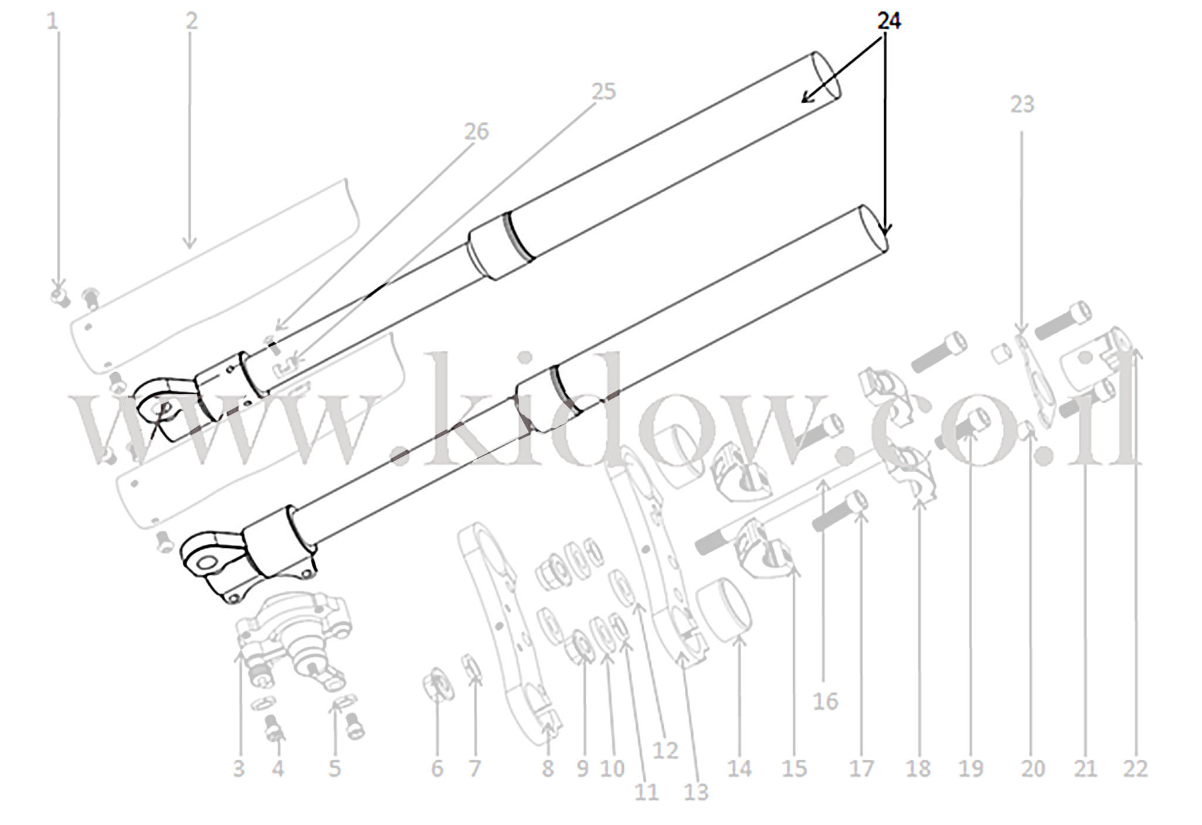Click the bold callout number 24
(x=889, y=21)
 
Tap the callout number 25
(x=603, y=91)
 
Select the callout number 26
(x=476, y=132)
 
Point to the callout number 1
(x=53, y=21)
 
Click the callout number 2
(x=192, y=21)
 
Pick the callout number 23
(x=1022, y=104)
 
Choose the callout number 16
(x=826, y=701)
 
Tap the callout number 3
(x=238, y=769)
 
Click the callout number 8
(x=548, y=769)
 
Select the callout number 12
(x=665, y=751)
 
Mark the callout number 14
(x=739, y=769)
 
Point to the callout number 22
(x=1135, y=769)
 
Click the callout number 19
(x=970, y=769)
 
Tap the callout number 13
(x=696, y=793)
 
